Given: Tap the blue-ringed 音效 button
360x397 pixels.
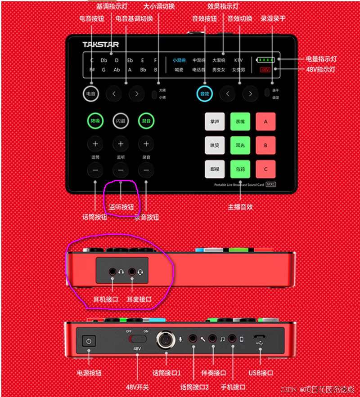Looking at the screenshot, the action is coord(204,94).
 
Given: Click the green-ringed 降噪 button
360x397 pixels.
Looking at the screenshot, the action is coord(95,120).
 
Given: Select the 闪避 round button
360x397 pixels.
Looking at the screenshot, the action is coord(121,120).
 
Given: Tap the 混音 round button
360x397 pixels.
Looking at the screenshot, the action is coord(146,120).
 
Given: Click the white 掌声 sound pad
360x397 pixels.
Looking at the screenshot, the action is coord(214,121).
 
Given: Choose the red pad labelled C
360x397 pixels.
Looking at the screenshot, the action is coord(265,169).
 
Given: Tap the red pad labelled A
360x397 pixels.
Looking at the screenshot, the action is coord(265,121).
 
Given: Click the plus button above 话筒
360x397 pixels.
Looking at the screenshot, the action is coord(95,144).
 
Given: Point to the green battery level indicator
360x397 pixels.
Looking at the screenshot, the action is coord(266,59).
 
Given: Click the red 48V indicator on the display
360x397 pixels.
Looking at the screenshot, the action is coord(265,70).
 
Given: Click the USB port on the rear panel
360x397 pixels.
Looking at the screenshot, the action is coord(261,337).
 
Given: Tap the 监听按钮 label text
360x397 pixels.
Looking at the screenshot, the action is coord(121,207).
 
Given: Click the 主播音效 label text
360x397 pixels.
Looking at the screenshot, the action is coord(241,207).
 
